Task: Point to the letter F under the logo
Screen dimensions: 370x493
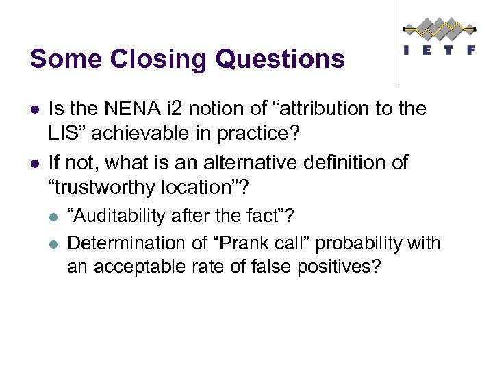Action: (x=470, y=50)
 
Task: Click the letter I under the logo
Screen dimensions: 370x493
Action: (x=408, y=50)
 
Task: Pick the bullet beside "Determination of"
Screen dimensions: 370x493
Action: (x=54, y=243)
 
